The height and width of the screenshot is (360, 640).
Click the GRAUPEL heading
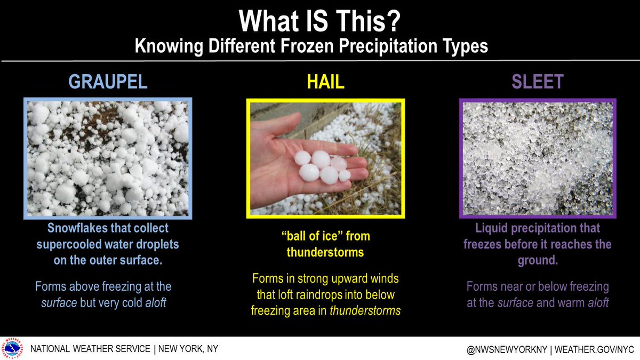(108, 82)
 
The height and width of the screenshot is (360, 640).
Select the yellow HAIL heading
(326, 82)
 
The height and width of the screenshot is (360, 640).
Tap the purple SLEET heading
(538, 82)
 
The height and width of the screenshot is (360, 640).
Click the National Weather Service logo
(12, 348)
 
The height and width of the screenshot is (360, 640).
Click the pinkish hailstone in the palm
(339, 164)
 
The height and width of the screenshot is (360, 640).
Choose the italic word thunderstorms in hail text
(365, 310)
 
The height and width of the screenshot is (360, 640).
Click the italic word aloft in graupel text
(155, 303)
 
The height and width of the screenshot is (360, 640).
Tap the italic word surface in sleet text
(515, 303)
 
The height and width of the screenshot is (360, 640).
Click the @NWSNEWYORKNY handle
(507, 349)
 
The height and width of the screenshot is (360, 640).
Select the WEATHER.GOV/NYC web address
(594, 349)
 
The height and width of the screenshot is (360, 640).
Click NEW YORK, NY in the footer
(188, 349)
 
